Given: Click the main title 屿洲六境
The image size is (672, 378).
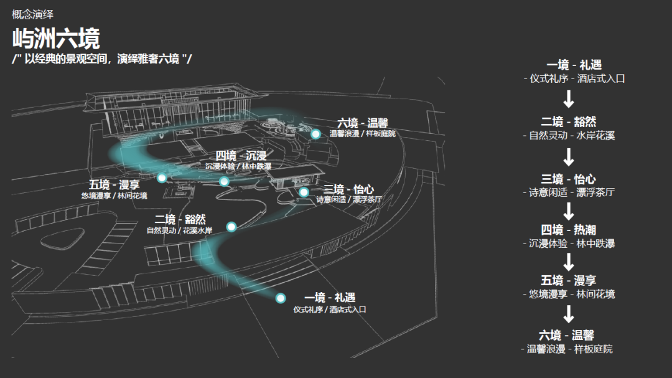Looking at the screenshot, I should [x=56, y=39].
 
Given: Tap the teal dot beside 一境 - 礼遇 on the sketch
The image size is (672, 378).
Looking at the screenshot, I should [x=281, y=298].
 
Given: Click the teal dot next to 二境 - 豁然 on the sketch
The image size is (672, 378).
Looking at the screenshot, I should [x=231, y=227].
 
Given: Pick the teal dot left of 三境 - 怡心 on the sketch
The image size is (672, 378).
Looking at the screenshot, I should [x=304, y=192].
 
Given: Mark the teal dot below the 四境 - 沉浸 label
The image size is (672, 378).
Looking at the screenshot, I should [x=224, y=181].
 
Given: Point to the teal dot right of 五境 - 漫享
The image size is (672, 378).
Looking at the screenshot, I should [x=162, y=178].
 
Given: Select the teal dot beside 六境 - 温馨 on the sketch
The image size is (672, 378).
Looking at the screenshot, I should [x=315, y=134].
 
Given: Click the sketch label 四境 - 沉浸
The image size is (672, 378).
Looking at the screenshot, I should [x=241, y=156].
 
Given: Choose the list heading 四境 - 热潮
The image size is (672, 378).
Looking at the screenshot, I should [x=568, y=230].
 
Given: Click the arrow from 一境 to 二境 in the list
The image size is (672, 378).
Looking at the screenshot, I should [x=568, y=99].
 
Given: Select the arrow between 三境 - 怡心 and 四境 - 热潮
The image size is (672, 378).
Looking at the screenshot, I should [x=568, y=211].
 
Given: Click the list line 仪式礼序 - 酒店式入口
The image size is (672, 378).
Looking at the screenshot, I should [x=574, y=79].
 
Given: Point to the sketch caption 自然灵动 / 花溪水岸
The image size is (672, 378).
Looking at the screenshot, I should [x=179, y=231].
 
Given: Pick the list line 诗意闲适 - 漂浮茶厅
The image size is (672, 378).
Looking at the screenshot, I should [x=568, y=192].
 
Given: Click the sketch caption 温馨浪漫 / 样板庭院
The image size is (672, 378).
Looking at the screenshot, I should [x=362, y=134].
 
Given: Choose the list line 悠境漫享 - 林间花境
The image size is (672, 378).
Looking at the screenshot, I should [x=568, y=294].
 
